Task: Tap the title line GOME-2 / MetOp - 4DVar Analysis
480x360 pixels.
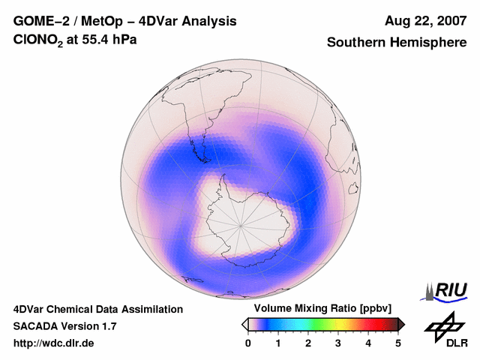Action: [125, 21]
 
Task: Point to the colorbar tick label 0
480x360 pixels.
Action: [248, 343]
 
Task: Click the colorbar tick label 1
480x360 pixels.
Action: [278, 343]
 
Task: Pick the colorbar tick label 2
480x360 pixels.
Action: [308, 343]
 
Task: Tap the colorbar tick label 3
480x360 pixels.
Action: [338, 343]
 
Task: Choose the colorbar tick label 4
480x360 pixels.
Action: [368, 343]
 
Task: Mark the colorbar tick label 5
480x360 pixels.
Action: [398, 343]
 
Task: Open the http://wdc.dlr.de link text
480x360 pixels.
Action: [54, 343]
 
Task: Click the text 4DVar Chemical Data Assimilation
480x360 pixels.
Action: [97, 309]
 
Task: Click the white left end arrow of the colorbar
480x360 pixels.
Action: [245, 324]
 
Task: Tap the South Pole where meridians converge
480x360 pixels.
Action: [241, 224]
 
